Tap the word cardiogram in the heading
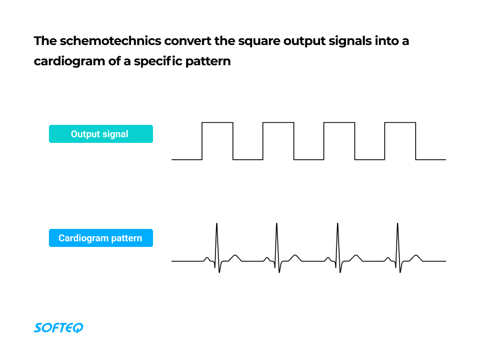point(70,61)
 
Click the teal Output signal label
point(101,134)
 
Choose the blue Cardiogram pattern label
point(101,238)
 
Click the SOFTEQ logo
point(58,327)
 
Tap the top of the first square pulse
point(217,122)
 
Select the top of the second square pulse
point(278,122)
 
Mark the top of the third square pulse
point(339,122)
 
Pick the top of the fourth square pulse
point(399,122)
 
